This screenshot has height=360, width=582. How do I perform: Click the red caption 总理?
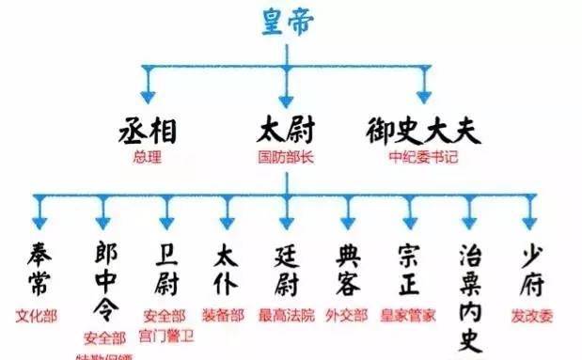pyautogui.click(x=149, y=157)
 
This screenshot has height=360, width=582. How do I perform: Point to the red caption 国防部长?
pyautogui.click(x=286, y=157)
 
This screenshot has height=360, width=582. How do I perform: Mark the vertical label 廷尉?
pyautogui.click(x=287, y=268)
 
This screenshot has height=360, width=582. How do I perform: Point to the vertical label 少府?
pyautogui.click(x=531, y=268)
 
